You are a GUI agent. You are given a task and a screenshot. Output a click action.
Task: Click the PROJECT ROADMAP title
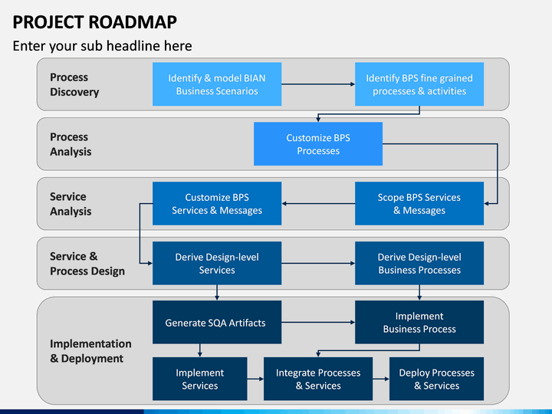(95, 21)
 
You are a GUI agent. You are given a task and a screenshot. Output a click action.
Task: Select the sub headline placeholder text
(102, 46)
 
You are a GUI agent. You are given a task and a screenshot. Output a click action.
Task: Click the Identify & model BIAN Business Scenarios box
(217, 84)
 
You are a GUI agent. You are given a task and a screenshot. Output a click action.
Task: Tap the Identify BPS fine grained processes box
(419, 84)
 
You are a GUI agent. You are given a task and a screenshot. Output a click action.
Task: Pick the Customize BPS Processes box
(318, 144)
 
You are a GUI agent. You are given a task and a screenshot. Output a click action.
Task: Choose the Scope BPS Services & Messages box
(419, 203)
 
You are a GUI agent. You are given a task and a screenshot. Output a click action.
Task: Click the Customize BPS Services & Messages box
(217, 203)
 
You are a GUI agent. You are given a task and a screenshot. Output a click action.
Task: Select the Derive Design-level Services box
(217, 263)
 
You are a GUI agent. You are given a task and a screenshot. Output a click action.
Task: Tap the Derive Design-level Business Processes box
(419, 263)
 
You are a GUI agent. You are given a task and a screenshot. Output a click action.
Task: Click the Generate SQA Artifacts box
(217, 322)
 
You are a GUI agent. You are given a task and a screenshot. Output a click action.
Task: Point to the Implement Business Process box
(419, 322)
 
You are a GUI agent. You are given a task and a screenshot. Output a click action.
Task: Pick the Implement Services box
(200, 379)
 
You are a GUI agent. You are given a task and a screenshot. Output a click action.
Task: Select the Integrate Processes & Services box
(318, 379)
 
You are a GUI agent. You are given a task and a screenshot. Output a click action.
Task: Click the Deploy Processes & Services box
(436, 379)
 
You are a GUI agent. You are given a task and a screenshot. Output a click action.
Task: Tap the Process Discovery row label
(74, 84)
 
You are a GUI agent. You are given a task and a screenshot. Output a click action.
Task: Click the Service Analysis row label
(71, 204)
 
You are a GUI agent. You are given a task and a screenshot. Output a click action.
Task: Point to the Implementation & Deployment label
(90, 351)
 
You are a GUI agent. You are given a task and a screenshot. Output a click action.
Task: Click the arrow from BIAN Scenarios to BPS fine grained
(318, 84)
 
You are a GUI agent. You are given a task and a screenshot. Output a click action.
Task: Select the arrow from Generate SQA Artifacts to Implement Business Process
(318, 322)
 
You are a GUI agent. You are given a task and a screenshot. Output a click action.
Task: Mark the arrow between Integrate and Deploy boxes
(381, 379)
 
